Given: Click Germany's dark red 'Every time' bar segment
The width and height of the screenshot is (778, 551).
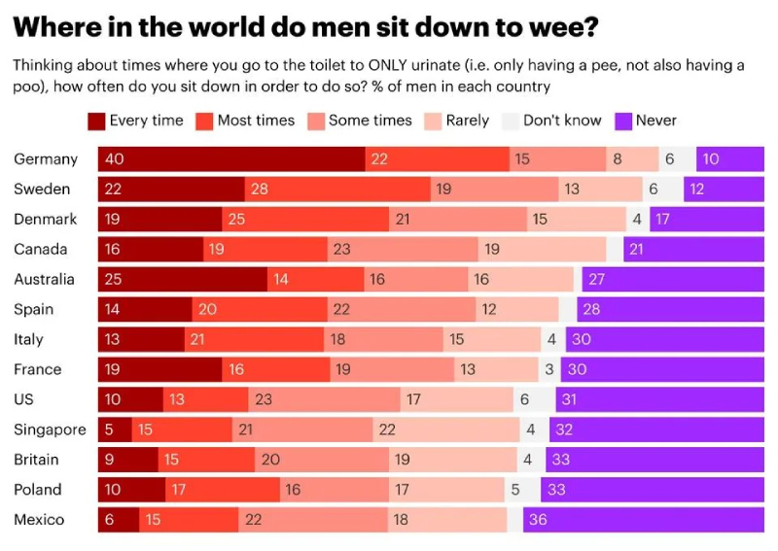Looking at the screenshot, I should click(x=231, y=159).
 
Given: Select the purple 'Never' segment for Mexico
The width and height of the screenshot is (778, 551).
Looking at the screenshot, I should click(x=643, y=520).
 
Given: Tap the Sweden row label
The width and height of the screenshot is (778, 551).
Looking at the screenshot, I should click(x=42, y=189).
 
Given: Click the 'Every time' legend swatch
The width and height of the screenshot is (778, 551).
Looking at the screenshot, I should click(x=96, y=121).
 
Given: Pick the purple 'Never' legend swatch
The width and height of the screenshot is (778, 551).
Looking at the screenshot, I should click(x=623, y=121).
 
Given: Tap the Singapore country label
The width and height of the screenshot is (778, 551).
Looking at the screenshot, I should click(x=50, y=430).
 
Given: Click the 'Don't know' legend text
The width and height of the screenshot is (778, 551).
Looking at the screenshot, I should click(x=562, y=121).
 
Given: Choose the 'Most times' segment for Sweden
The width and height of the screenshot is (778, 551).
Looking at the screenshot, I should click(x=336, y=189).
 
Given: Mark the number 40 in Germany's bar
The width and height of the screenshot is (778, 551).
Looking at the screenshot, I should click(x=115, y=159).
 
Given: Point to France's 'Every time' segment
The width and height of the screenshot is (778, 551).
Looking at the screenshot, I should click(x=159, y=369).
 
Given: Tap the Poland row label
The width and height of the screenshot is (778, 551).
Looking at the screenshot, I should click(x=38, y=490).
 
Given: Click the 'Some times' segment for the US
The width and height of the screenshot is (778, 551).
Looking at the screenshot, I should click(x=319, y=399).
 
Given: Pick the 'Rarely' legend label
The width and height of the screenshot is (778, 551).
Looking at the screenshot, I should click(x=467, y=121).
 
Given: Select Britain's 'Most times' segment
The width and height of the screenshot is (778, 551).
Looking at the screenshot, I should click(x=206, y=460).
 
